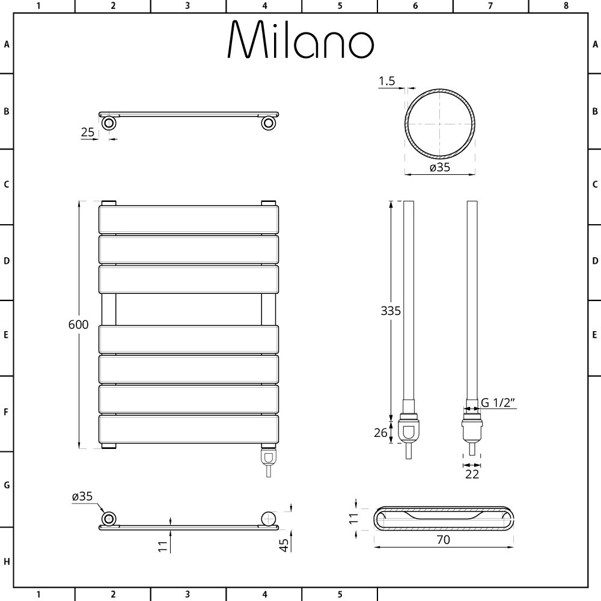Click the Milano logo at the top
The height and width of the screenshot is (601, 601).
click(x=300, y=40)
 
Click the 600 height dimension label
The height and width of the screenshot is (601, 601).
click(x=78, y=325)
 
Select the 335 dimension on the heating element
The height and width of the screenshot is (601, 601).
click(x=391, y=311)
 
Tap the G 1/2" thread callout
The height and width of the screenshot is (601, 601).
click(x=498, y=403)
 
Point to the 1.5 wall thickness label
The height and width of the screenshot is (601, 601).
click(x=386, y=81)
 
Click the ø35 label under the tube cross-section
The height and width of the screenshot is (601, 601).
click(x=440, y=168)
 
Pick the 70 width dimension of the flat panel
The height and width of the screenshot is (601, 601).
click(x=443, y=540)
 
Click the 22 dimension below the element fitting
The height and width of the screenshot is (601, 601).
click(x=472, y=474)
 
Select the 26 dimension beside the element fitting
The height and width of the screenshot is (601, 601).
click(x=380, y=433)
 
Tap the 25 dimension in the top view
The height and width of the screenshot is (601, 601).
click(x=87, y=132)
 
